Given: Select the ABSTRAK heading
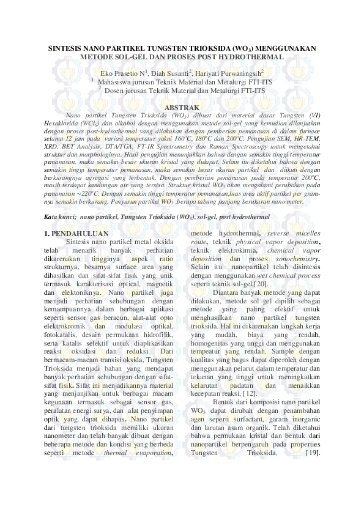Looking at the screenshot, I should click(181, 106).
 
